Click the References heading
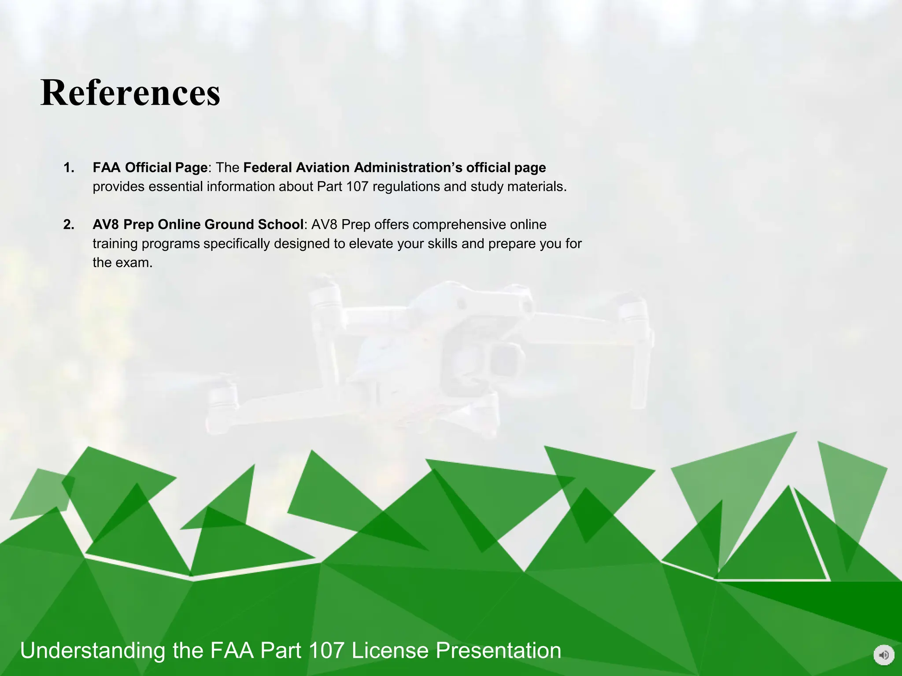[130, 93]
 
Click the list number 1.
[69, 168]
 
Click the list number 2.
[69, 224]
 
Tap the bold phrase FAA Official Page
[150, 168]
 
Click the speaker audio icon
[884, 655]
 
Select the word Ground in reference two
[229, 224]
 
